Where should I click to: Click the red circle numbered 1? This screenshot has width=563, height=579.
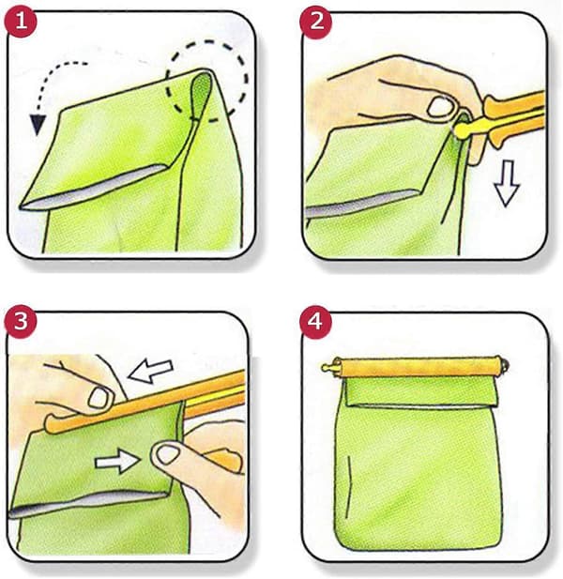[x=21, y=22]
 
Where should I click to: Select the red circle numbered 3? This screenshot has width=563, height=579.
[x=21, y=321]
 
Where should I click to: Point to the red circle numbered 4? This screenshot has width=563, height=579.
[x=315, y=321]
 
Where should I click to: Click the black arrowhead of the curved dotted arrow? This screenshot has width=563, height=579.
[x=38, y=124]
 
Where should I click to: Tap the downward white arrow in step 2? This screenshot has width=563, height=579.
[x=508, y=182]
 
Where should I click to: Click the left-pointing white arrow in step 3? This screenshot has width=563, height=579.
[x=150, y=371]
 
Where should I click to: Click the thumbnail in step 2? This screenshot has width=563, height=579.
[x=440, y=106]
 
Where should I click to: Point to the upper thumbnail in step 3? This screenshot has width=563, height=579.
[x=99, y=398]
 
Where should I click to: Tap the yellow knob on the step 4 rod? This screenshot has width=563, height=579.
[x=328, y=368]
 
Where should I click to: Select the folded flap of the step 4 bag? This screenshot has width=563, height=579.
[x=421, y=391]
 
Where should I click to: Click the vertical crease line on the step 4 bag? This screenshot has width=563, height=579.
[x=348, y=487]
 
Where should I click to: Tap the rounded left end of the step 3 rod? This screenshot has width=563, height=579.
[x=51, y=425]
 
